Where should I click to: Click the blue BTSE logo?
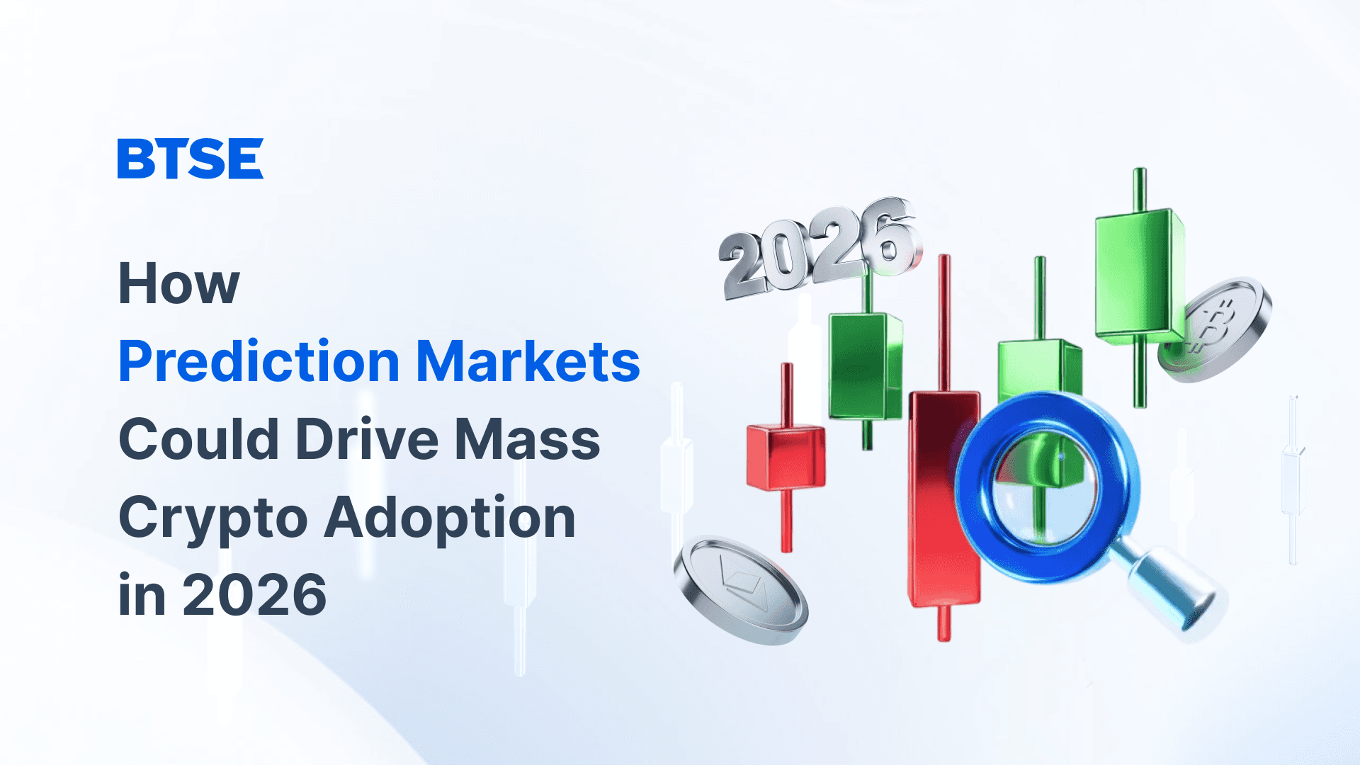pos(190,158)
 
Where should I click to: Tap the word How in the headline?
pos(179,283)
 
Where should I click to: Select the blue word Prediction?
pos(259,361)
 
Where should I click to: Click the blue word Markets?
pos(528,361)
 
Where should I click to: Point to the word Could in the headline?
pos(199,438)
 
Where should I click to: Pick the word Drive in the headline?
pos(367,438)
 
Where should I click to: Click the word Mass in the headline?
pos(528,439)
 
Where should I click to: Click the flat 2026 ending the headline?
pos(254,595)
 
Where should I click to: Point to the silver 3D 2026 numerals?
pos(820,248)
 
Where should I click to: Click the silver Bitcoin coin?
pos(1214,329)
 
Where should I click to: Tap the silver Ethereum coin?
pos(740,591)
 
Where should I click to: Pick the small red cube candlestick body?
pos(786,458)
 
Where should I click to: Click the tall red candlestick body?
pos(944,499)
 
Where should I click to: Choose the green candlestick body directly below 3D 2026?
pos(866,368)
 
